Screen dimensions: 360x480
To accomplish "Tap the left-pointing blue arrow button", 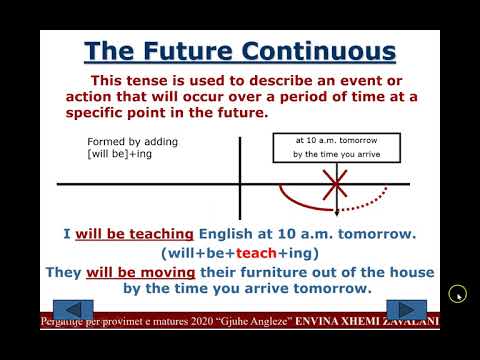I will coord(71,310).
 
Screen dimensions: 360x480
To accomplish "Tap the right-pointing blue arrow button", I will coord(406,310).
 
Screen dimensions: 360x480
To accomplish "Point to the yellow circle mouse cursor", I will coord(457,293).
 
